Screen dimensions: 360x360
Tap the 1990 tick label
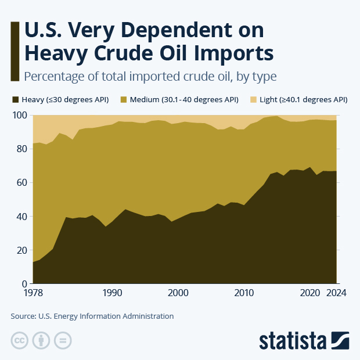coord(112,293)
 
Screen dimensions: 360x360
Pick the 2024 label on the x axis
coord(336,293)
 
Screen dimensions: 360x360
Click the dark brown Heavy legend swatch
coord(15,100)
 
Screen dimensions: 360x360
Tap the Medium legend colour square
coord(124,100)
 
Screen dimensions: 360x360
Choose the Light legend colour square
coord(254,100)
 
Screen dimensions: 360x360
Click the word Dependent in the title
coord(165,31)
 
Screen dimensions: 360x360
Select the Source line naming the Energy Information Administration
coord(92,316)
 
